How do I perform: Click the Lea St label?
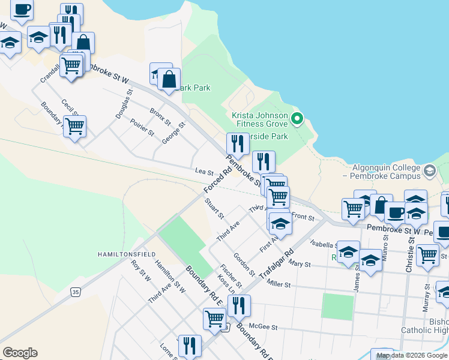click(x=200, y=172)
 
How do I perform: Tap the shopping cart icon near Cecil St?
click(x=74, y=127)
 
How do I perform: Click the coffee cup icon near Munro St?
click(x=396, y=212)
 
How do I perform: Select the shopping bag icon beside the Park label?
click(x=170, y=78)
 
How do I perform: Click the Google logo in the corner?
click(x=20, y=353)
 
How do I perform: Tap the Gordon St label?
click(x=244, y=265)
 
